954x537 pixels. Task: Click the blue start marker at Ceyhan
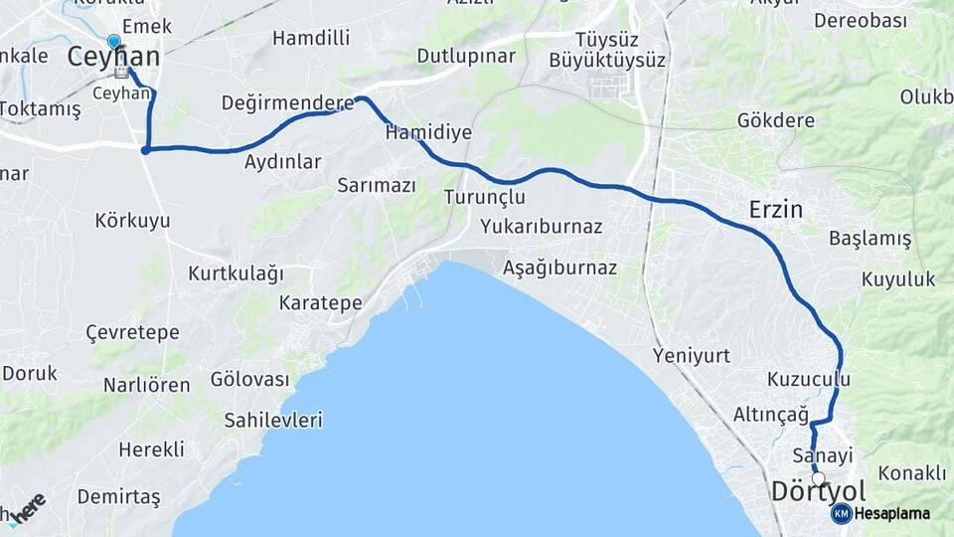tap(114, 42)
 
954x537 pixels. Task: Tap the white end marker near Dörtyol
tap(818, 478)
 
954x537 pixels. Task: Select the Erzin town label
tap(775, 210)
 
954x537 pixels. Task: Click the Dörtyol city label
tap(819, 492)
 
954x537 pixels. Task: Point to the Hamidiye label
tap(428, 132)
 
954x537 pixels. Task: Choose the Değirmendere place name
tap(288, 103)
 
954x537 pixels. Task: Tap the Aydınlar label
tap(283, 161)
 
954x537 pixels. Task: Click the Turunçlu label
tap(484, 197)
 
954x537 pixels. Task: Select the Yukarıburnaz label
tap(541, 227)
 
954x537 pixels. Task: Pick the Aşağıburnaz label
tap(559, 268)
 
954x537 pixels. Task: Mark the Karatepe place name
tap(321, 302)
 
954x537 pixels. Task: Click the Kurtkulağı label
tap(237, 272)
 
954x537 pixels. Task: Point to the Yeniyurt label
tap(692, 355)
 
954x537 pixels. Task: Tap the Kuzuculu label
tap(809, 379)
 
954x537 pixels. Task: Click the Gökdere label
tap(776, 120)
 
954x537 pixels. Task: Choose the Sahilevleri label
tap(273, 421)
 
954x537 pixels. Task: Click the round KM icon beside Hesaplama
tap(841, 513)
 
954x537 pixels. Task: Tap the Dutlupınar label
tap(466, 56)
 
